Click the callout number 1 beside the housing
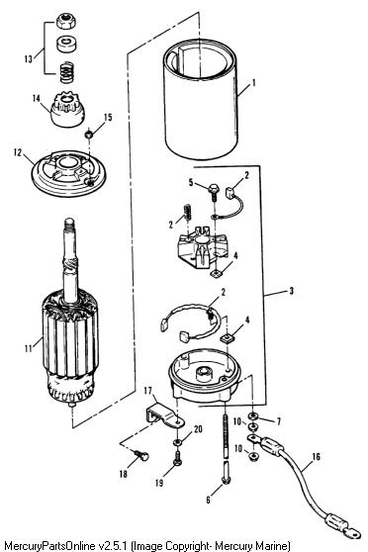click(x=253, y=83)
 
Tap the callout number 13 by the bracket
click(x=29, y=58)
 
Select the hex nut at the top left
click(x=66, y=22)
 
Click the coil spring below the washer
click(x=66, y=72)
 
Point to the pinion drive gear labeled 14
click(x=67, y=109)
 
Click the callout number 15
click(x=108, y=117)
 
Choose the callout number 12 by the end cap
click(x=18, y=152)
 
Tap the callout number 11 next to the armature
click(x=28, y=348)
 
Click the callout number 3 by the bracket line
click(x=291, y=291)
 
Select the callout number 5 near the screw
click(x=191, y=182)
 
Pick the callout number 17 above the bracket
click(x=148, y=391)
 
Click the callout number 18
click(x=123, y=474)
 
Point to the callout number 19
click(x=159, y=482)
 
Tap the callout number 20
click(x=198, y=429)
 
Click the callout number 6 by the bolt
click(x=208, y=500)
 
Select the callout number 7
click(x=279, y=421)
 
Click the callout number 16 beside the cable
click(x=316, y=457)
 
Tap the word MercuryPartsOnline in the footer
click(x=49, y=546)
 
